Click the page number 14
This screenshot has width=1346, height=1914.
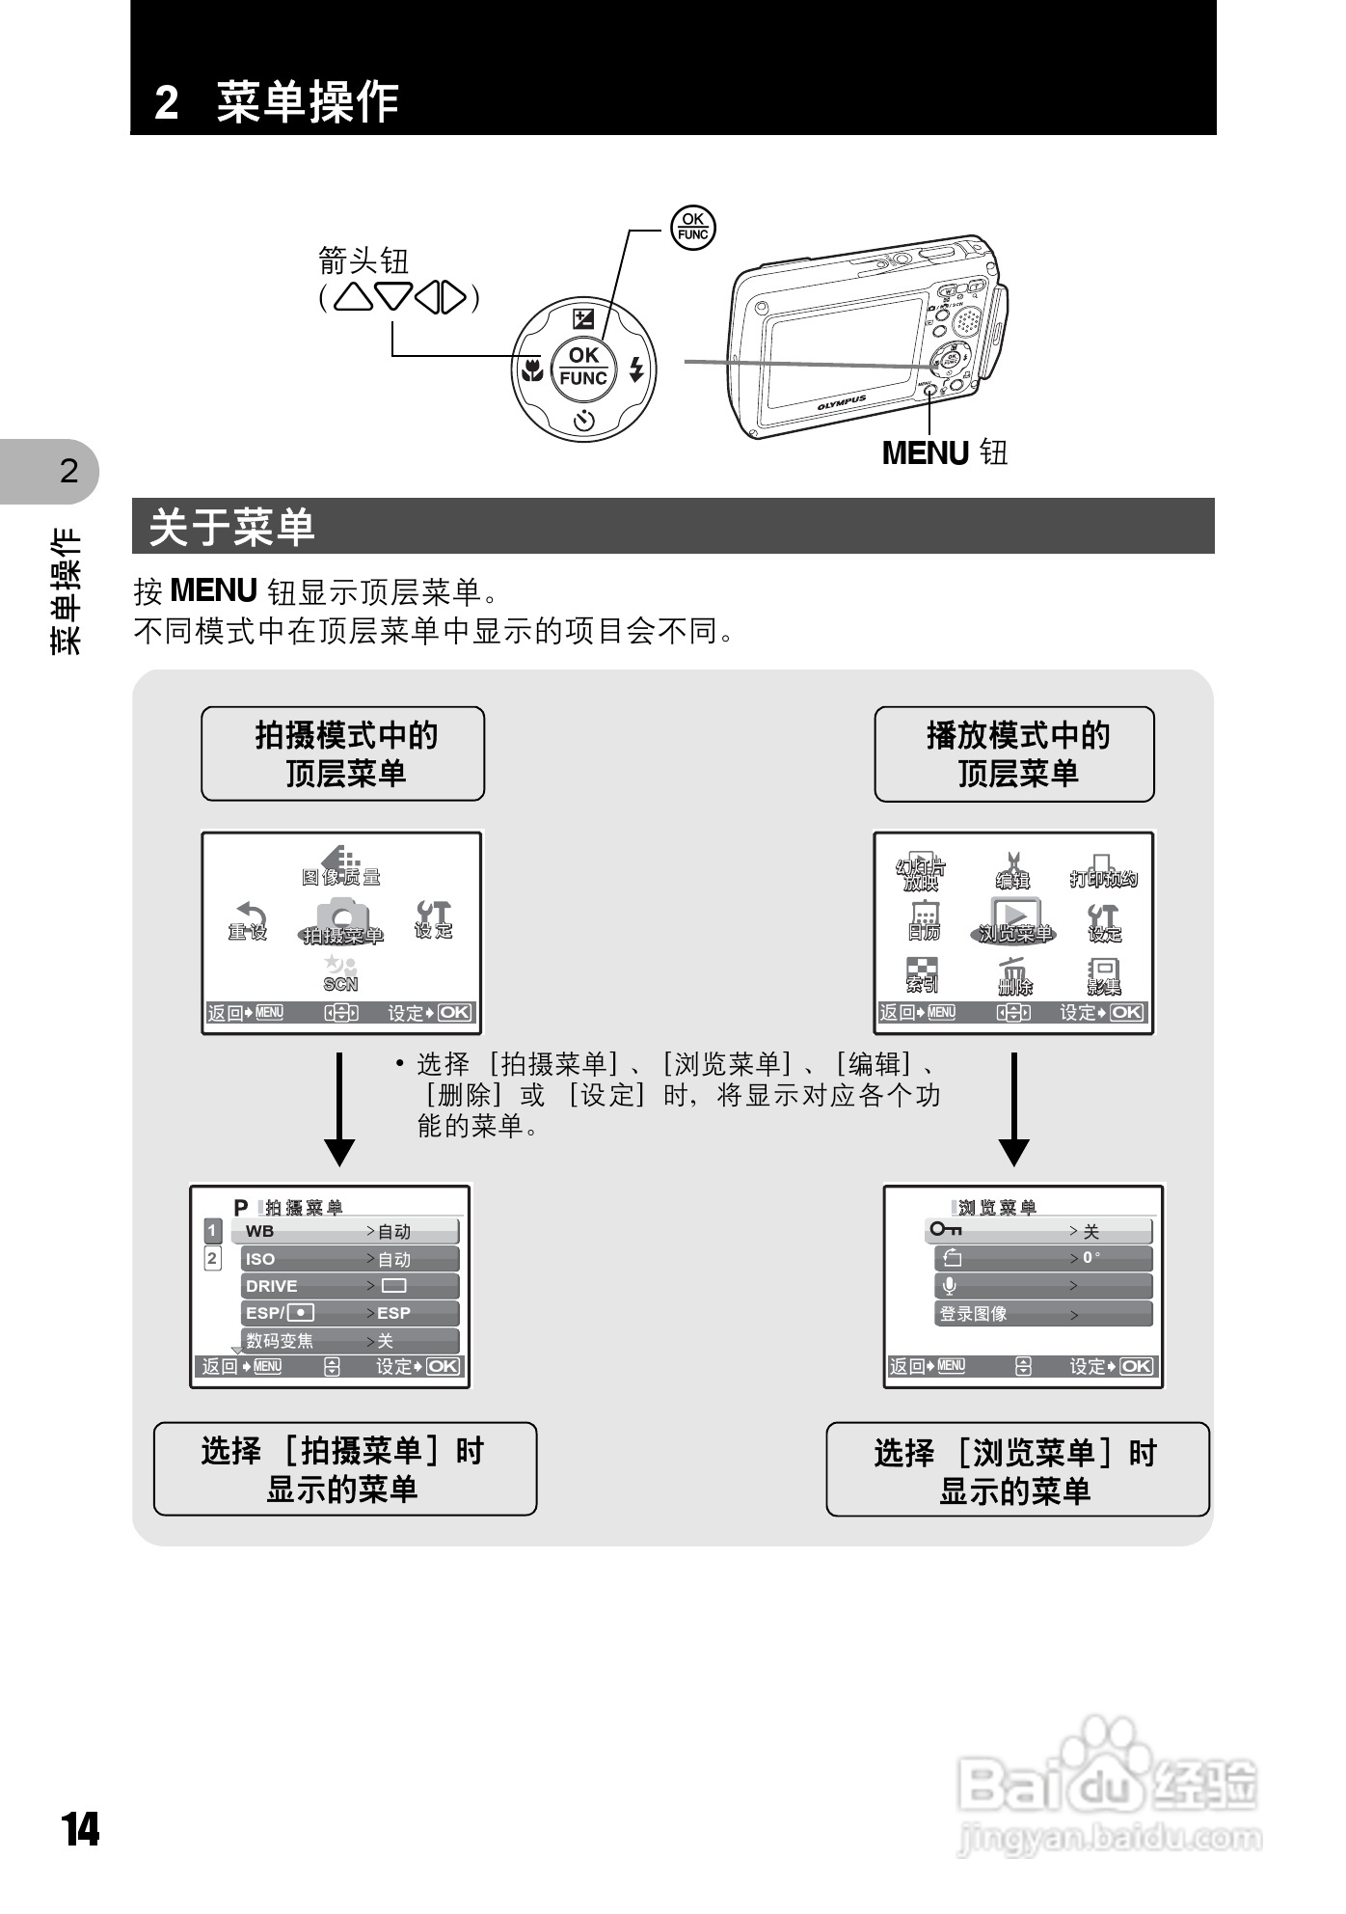pos(81,1829)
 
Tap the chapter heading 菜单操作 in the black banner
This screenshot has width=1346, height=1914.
pos(307,101)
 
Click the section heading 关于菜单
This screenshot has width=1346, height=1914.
pos(232,527)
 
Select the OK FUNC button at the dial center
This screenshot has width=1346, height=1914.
pos(583,367)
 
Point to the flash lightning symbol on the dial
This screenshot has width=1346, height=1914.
pos(635,369)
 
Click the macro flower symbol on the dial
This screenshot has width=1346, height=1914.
pos(530,369)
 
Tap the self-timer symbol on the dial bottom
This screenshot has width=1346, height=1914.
pos(583,421)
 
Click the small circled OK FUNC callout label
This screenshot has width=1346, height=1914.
pos(692,227)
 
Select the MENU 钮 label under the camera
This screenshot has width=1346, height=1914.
pos(944,452)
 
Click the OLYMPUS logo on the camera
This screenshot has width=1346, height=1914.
pos(842,402)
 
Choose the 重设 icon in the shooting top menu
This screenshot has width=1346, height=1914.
pos(249,920)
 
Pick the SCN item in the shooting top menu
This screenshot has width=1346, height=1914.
pos(340,972)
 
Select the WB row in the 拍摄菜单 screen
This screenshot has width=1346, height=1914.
pos(344,1231)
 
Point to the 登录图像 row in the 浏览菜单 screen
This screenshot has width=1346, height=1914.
pos(1042,1314)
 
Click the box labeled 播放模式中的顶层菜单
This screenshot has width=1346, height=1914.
pos(1014,754)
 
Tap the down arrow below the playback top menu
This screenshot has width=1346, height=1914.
pos(1014,1109)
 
